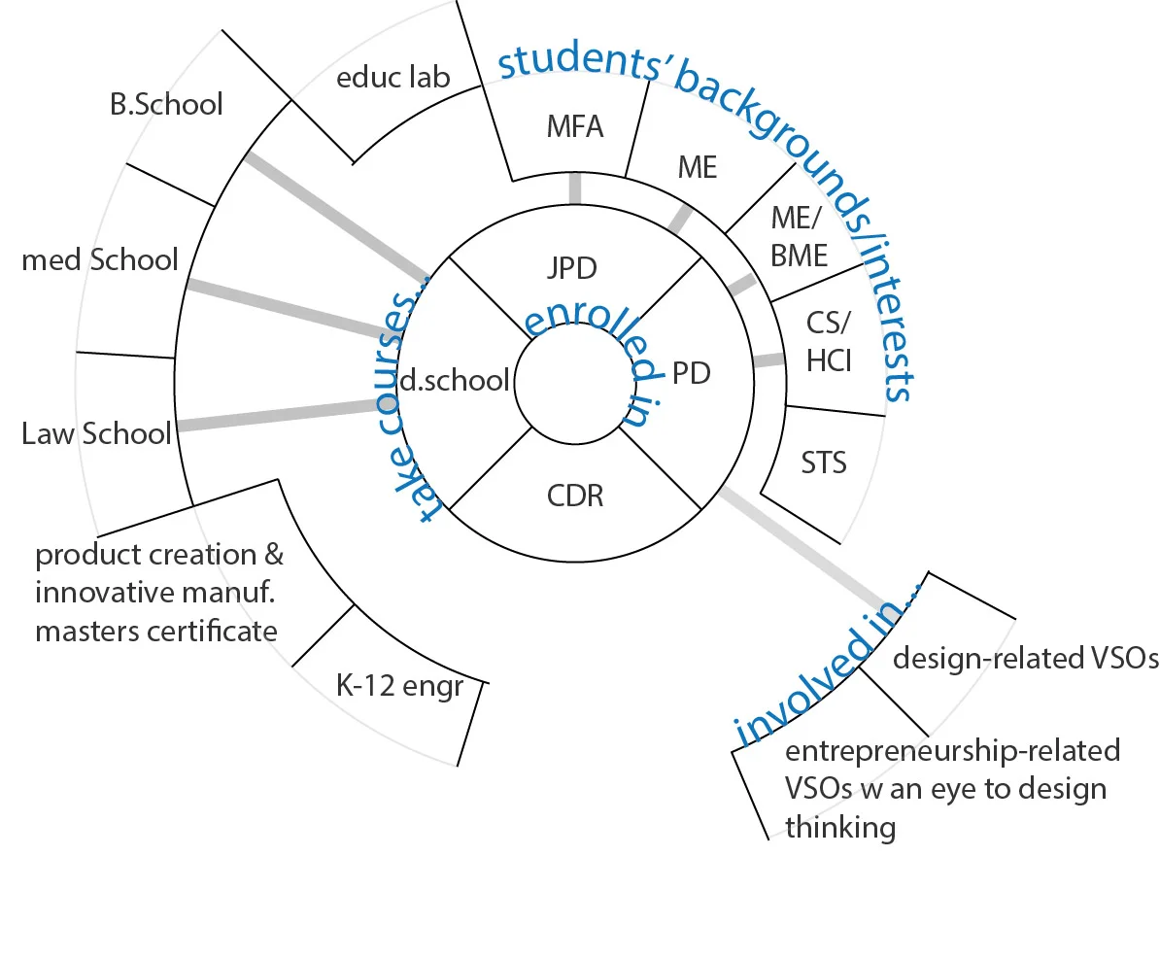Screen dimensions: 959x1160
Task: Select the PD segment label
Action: [691, 372]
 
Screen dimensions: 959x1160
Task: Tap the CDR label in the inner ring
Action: [575, 496]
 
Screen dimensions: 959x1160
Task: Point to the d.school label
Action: [455, 381]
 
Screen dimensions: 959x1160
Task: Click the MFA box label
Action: [575, 126]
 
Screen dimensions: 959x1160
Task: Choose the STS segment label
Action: [824, 462]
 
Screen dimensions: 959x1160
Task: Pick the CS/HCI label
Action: [829, 341]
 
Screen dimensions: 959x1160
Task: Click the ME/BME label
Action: [800, 235]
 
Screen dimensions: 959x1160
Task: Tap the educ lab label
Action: [392, 77]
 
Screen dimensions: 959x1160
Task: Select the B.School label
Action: [166, 103]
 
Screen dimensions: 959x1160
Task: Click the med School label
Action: [100, 259]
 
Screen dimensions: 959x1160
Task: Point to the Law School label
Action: [96, 433]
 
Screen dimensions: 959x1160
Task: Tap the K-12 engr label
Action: [399, 686]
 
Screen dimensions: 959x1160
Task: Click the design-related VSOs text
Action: [1025, 659]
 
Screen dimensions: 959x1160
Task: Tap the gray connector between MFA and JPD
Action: [575, 188]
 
